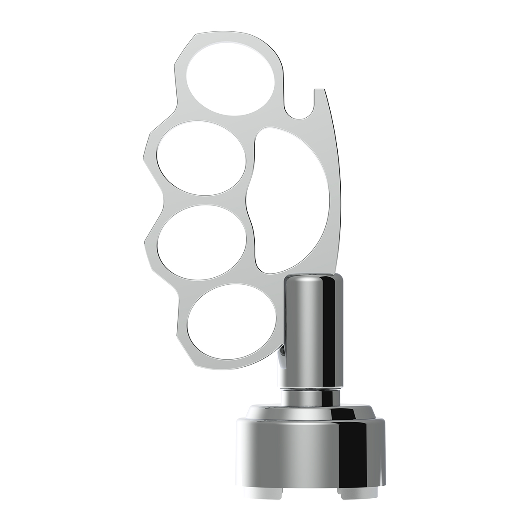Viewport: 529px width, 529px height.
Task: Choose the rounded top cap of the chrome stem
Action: point(312,278)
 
